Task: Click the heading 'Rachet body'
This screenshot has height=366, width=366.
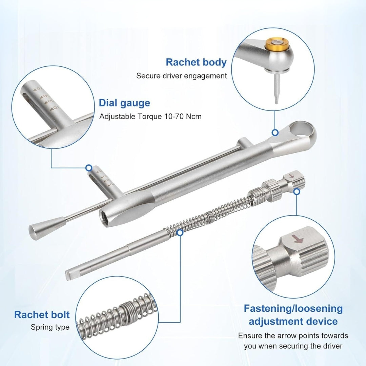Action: (196, 63)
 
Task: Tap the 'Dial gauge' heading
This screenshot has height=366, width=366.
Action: (124, 103)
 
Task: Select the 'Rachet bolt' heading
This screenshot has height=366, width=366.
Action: (42, 314)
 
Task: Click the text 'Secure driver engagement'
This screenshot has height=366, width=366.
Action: (181, 76)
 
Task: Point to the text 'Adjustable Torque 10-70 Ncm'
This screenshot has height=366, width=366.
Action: (150, 116)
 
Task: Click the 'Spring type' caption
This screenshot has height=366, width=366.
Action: (50, 327)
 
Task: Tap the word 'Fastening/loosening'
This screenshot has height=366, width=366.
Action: (293, 309)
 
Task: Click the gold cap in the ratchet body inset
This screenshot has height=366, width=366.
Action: (277, 44)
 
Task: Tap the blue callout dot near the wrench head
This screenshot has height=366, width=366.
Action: (275, 133)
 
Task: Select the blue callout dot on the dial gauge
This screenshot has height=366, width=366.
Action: (89, 168)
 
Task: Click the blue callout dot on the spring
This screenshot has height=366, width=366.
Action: (180, 232)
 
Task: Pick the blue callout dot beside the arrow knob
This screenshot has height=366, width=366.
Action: (297, 192)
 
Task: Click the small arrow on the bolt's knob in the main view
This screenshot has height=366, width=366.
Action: (291, 177)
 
